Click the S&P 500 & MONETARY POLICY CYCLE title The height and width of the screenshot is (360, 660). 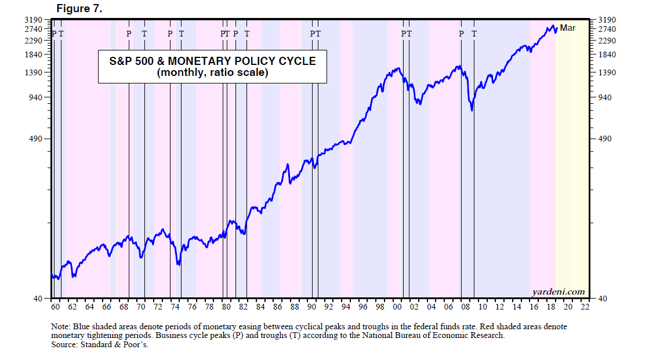click(x=212, y=61)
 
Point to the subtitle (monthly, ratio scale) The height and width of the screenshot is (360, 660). click(x=212, y=72)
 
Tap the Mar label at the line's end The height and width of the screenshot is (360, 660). click(x=567, y=27)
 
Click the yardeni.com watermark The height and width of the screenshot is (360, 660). click(x=557, y=292)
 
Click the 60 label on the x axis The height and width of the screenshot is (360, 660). click(x=55, y=307)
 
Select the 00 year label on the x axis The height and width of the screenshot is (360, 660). click(x=398, y=307)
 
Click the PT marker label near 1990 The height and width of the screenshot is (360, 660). click(x=315, y=34)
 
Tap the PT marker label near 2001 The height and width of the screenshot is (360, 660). click(x=406, y=34)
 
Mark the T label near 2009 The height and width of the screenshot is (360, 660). click(x=474, y=34)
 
